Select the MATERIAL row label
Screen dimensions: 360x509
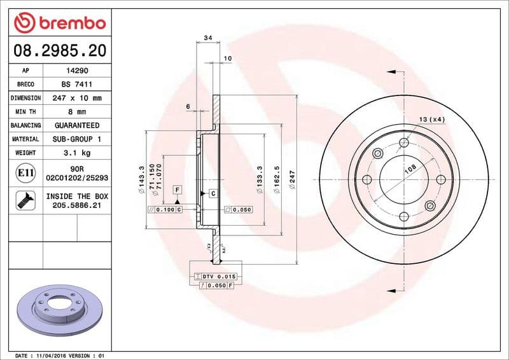coord(25,139)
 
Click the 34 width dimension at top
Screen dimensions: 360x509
coord(207,39)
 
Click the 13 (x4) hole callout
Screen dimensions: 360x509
coord(432,120)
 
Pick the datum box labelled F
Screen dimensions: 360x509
coord(177,190)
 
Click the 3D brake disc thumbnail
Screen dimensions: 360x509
coord(58,307)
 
